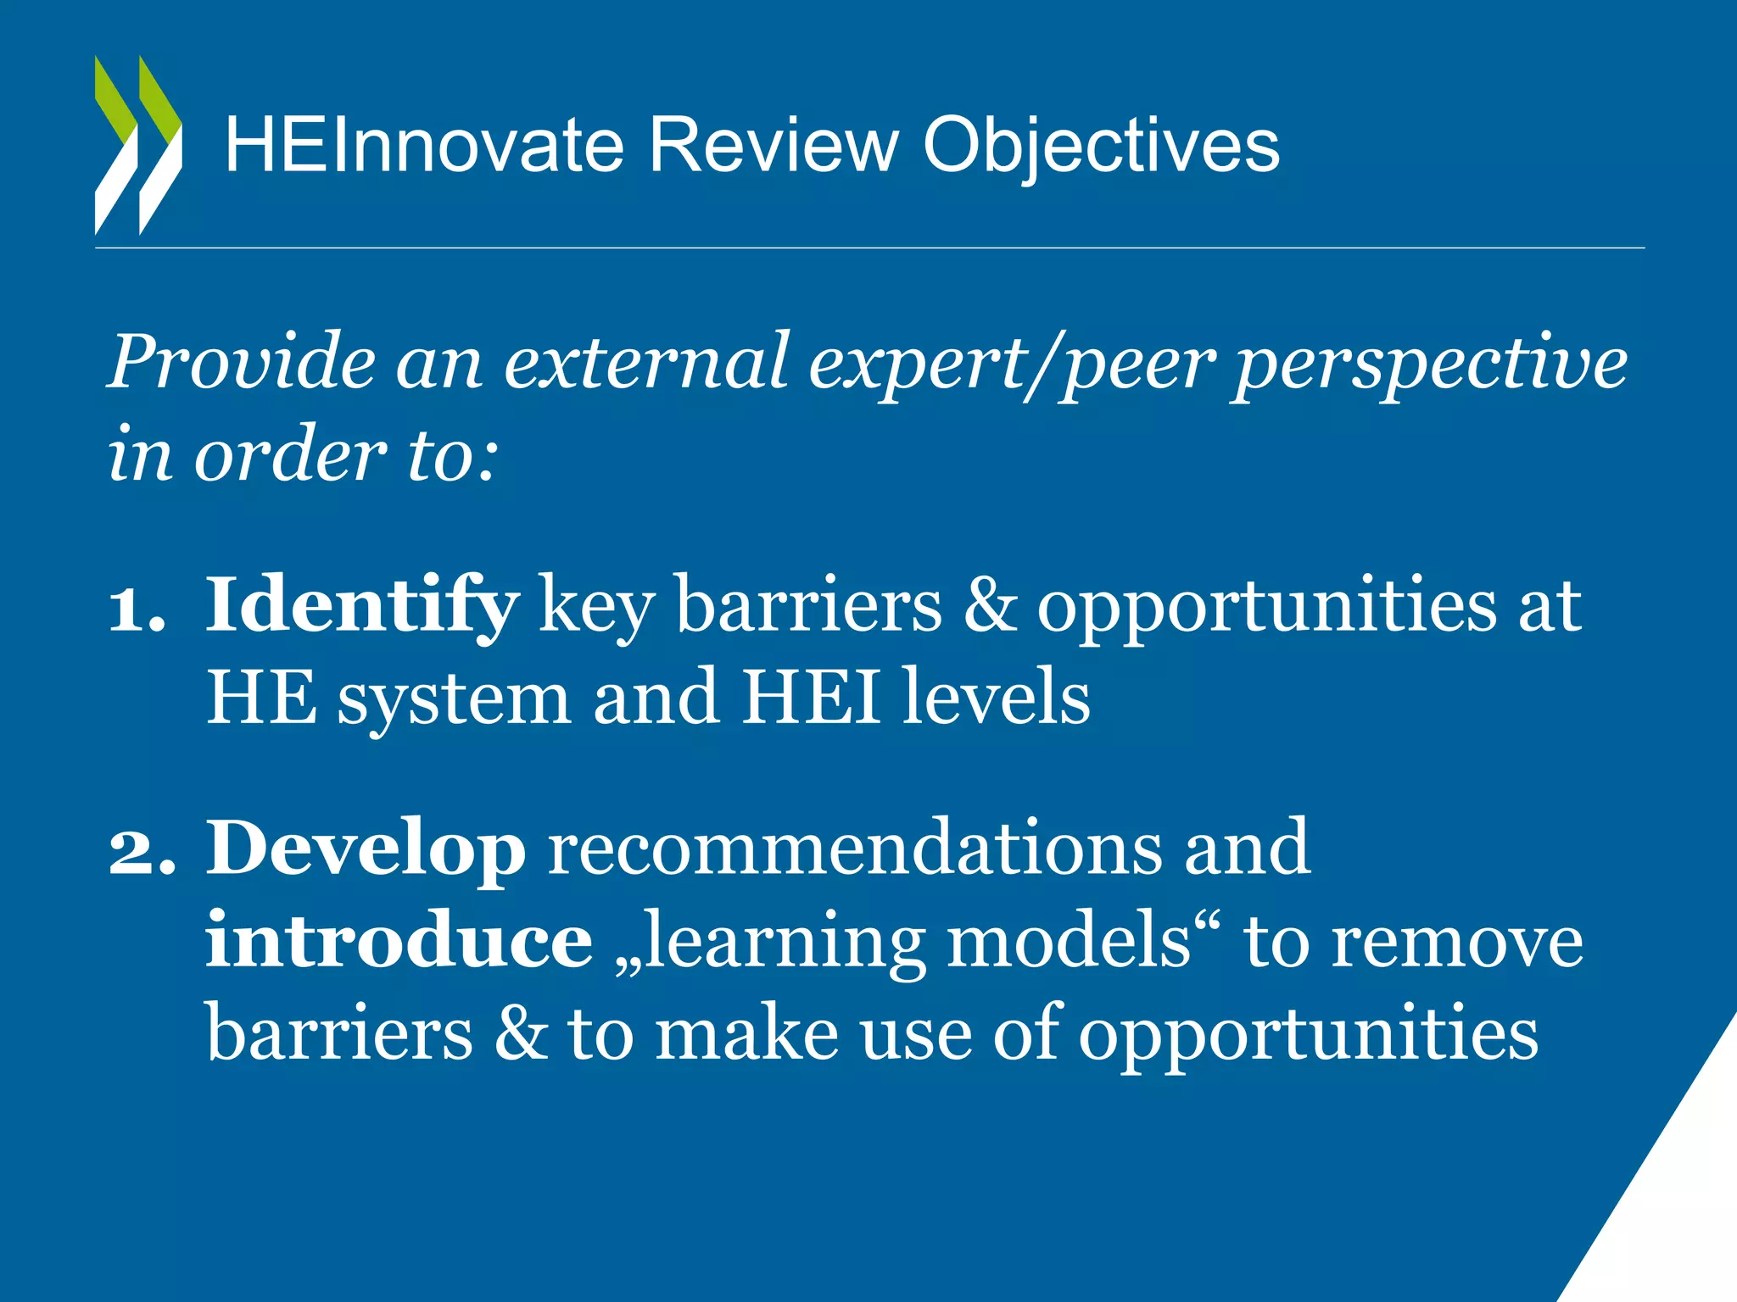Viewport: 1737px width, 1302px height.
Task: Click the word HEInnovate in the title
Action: (x=424, y=146)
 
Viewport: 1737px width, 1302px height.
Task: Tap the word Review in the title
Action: (x=773, y=146)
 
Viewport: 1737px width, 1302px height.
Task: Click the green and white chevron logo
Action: (x=138, y=145)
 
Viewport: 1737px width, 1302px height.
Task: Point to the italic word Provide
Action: (x=243, y=362)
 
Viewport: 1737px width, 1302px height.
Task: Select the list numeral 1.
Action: (x=136, y=607)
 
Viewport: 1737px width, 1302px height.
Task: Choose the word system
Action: (x=454, y=700)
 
